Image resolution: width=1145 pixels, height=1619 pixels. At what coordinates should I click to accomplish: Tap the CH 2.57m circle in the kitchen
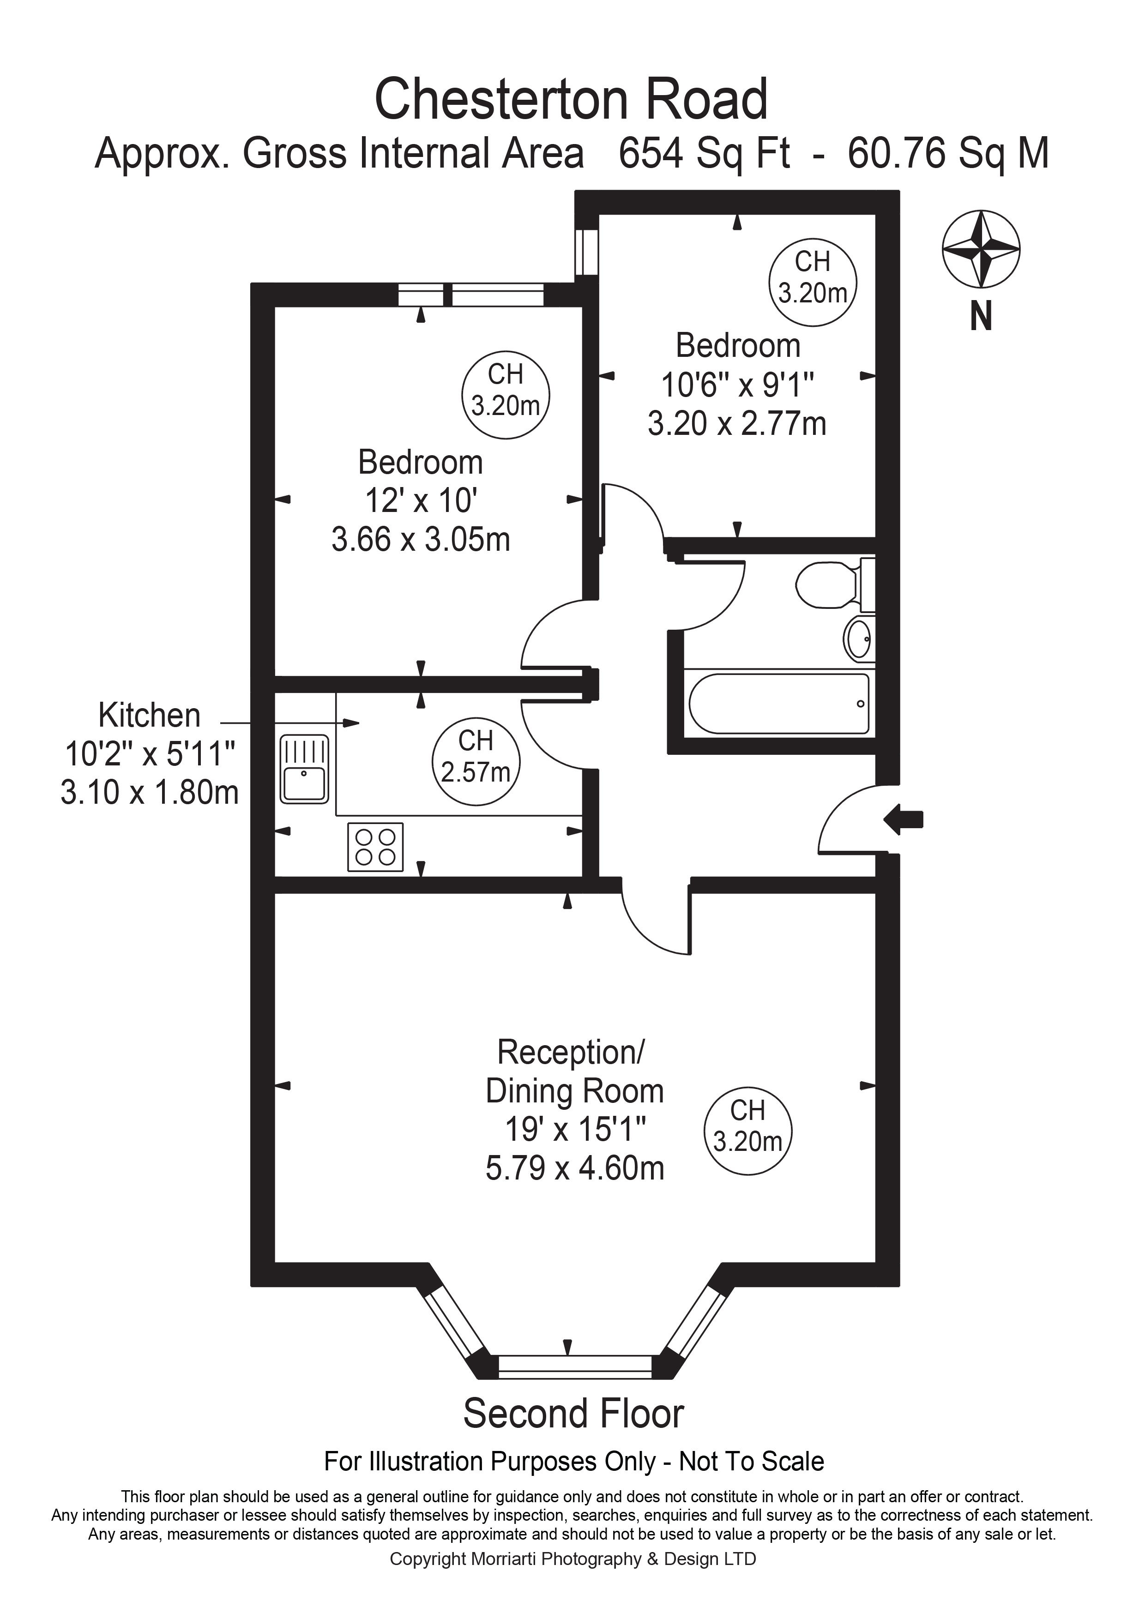476,762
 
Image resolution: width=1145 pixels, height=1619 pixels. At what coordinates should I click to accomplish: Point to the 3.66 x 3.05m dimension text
421,540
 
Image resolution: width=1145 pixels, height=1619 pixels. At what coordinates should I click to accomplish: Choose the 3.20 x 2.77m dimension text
737,424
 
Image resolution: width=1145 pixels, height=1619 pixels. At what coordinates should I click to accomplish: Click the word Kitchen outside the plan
150,715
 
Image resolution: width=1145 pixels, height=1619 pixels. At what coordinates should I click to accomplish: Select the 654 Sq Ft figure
704,153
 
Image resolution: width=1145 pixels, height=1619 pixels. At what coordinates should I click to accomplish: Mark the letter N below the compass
981,317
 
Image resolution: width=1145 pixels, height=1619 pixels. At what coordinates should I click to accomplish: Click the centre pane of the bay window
575,1365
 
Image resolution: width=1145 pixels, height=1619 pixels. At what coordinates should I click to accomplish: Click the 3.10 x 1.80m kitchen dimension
150,793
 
